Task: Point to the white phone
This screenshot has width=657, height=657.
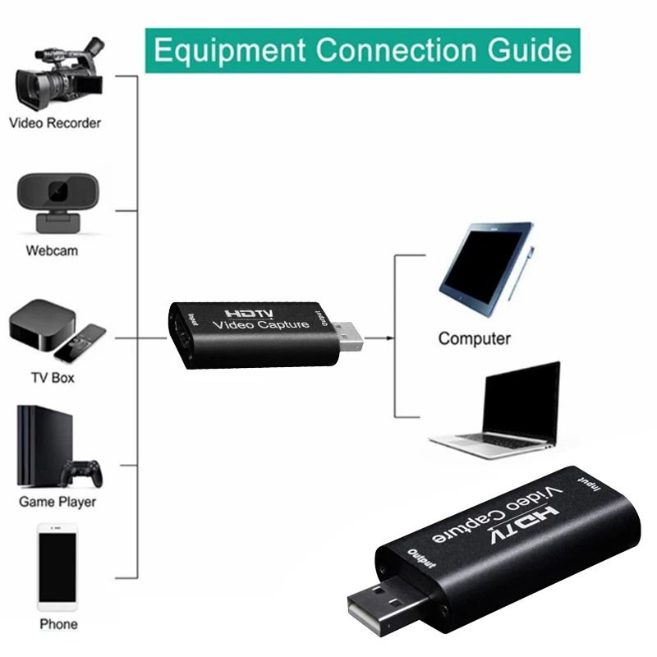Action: point(57,567)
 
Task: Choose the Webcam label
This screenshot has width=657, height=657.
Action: point(52,250)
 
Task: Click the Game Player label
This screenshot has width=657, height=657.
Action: point(57,502)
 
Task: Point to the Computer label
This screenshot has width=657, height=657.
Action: point(474,338)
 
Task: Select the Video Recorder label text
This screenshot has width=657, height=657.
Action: point(55,123)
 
